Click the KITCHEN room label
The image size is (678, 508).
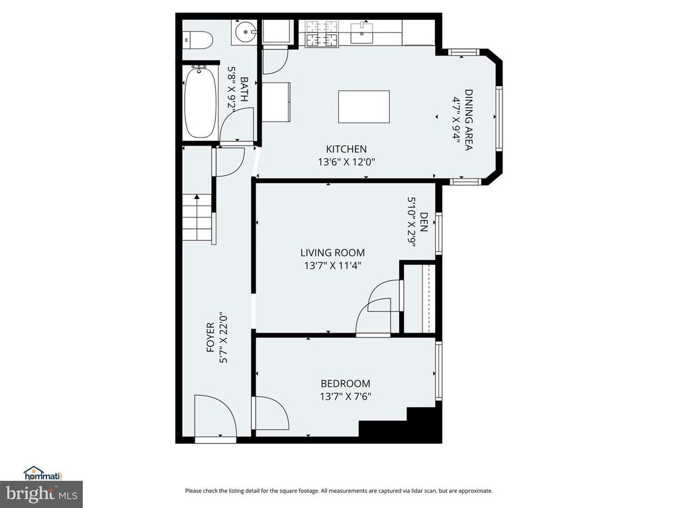tap(346, 149)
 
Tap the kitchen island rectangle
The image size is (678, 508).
tap(363, 106)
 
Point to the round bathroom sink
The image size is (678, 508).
tap(246, 31)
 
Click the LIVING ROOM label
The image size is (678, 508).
tap(332, 253)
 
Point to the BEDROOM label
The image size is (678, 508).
tap(345, 384)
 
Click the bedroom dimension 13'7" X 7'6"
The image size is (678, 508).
tap(345, 397)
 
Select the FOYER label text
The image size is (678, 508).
tap(210, 343)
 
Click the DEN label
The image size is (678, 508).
tap(424, 222)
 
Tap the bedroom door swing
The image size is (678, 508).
tap(271, 413)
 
